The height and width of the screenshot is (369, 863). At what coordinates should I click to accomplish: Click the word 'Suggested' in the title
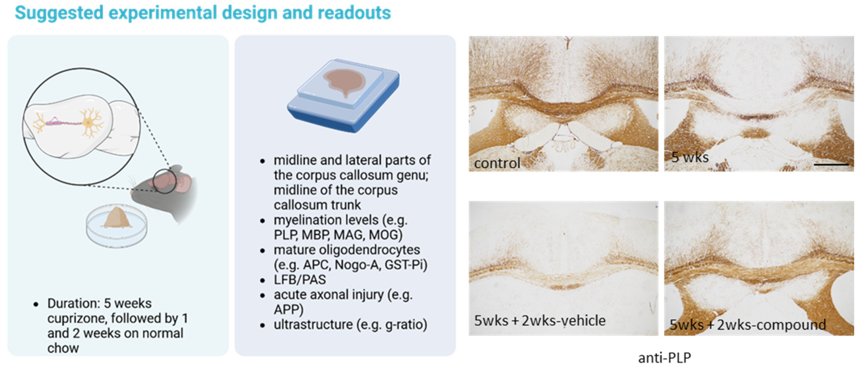click(59, 13)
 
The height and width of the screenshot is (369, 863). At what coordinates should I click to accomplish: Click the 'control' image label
click(497, 163)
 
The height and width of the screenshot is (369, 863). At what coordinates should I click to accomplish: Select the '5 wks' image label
click(690, 157)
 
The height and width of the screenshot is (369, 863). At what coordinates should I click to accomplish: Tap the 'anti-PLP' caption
click(664, 358)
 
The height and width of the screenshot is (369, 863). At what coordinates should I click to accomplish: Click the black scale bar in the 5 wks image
click(831, 164)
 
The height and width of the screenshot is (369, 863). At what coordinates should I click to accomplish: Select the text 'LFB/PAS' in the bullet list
click(300, 280)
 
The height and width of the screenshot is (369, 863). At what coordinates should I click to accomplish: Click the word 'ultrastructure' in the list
click(313, 324)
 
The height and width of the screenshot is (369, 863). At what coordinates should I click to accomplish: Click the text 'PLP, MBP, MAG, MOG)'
click(338, 235)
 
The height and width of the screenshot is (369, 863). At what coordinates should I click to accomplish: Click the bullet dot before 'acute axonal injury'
click(263, 296)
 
